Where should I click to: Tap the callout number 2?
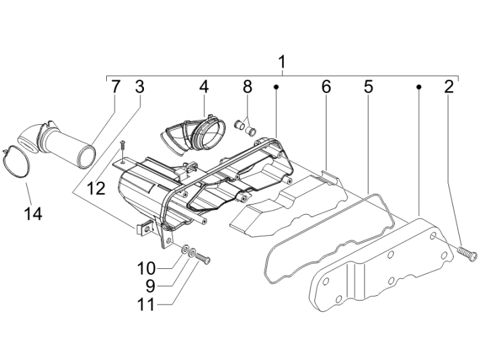pyautogui.click(x=449, y=86)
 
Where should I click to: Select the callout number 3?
pyautogui.click(x=139, y=86)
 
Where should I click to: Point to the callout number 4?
pyautogui.click(x=203, y=86)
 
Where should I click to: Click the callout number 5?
pyautogui.click(x=368, y=86)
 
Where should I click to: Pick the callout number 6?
pyautogui.click(x=326, y=86)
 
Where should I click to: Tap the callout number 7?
pyautogui.click(x=116, y=86)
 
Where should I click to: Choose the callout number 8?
pyautogui.click(x=247, y=86)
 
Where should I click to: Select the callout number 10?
pyautogui.click(x=149, y=268)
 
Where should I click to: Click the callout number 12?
pyautogui.click(x=96, y=188)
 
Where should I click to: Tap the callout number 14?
pyautogui.click(x=32, y=214)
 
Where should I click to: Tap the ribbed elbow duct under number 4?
pyautogui.click(x=195, y=134)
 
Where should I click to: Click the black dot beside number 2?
pyautogui.click(x=419, y=87)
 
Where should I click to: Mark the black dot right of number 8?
pyautogui.click(x=277, y=87)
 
